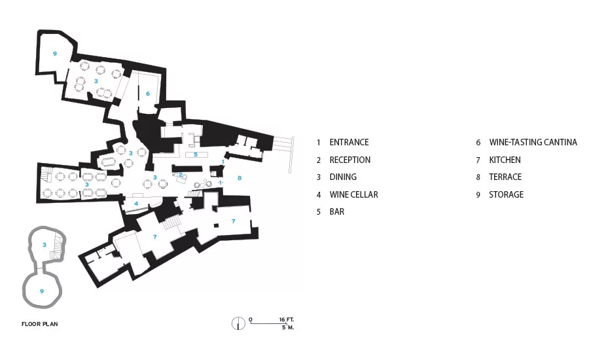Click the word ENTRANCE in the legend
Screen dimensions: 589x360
point(349,143)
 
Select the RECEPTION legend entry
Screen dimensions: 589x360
point(349,160)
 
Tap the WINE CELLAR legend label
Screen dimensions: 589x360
point(353,194)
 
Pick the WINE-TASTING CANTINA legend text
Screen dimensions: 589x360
point(533,143)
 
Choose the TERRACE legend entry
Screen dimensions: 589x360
point(505,177)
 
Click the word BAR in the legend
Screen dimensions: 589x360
point(336,212)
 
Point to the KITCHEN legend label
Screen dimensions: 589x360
point(505,160)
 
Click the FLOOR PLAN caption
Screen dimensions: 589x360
point(40,324)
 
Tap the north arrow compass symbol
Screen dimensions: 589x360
point(238,323)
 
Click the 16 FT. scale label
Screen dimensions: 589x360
point(286,320)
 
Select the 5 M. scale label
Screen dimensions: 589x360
point(288,327)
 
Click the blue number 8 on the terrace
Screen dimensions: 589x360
point(240,178)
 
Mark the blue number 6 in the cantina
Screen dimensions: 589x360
point(148,94)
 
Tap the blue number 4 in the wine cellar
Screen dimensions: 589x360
point(136,204)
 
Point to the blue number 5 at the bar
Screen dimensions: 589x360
point(195,154)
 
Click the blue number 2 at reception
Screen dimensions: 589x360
point(181,175)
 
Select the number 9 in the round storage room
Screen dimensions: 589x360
point(42,291)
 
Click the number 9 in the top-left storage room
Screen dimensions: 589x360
point(55,54)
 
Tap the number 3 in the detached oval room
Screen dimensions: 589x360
point(45,245)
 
